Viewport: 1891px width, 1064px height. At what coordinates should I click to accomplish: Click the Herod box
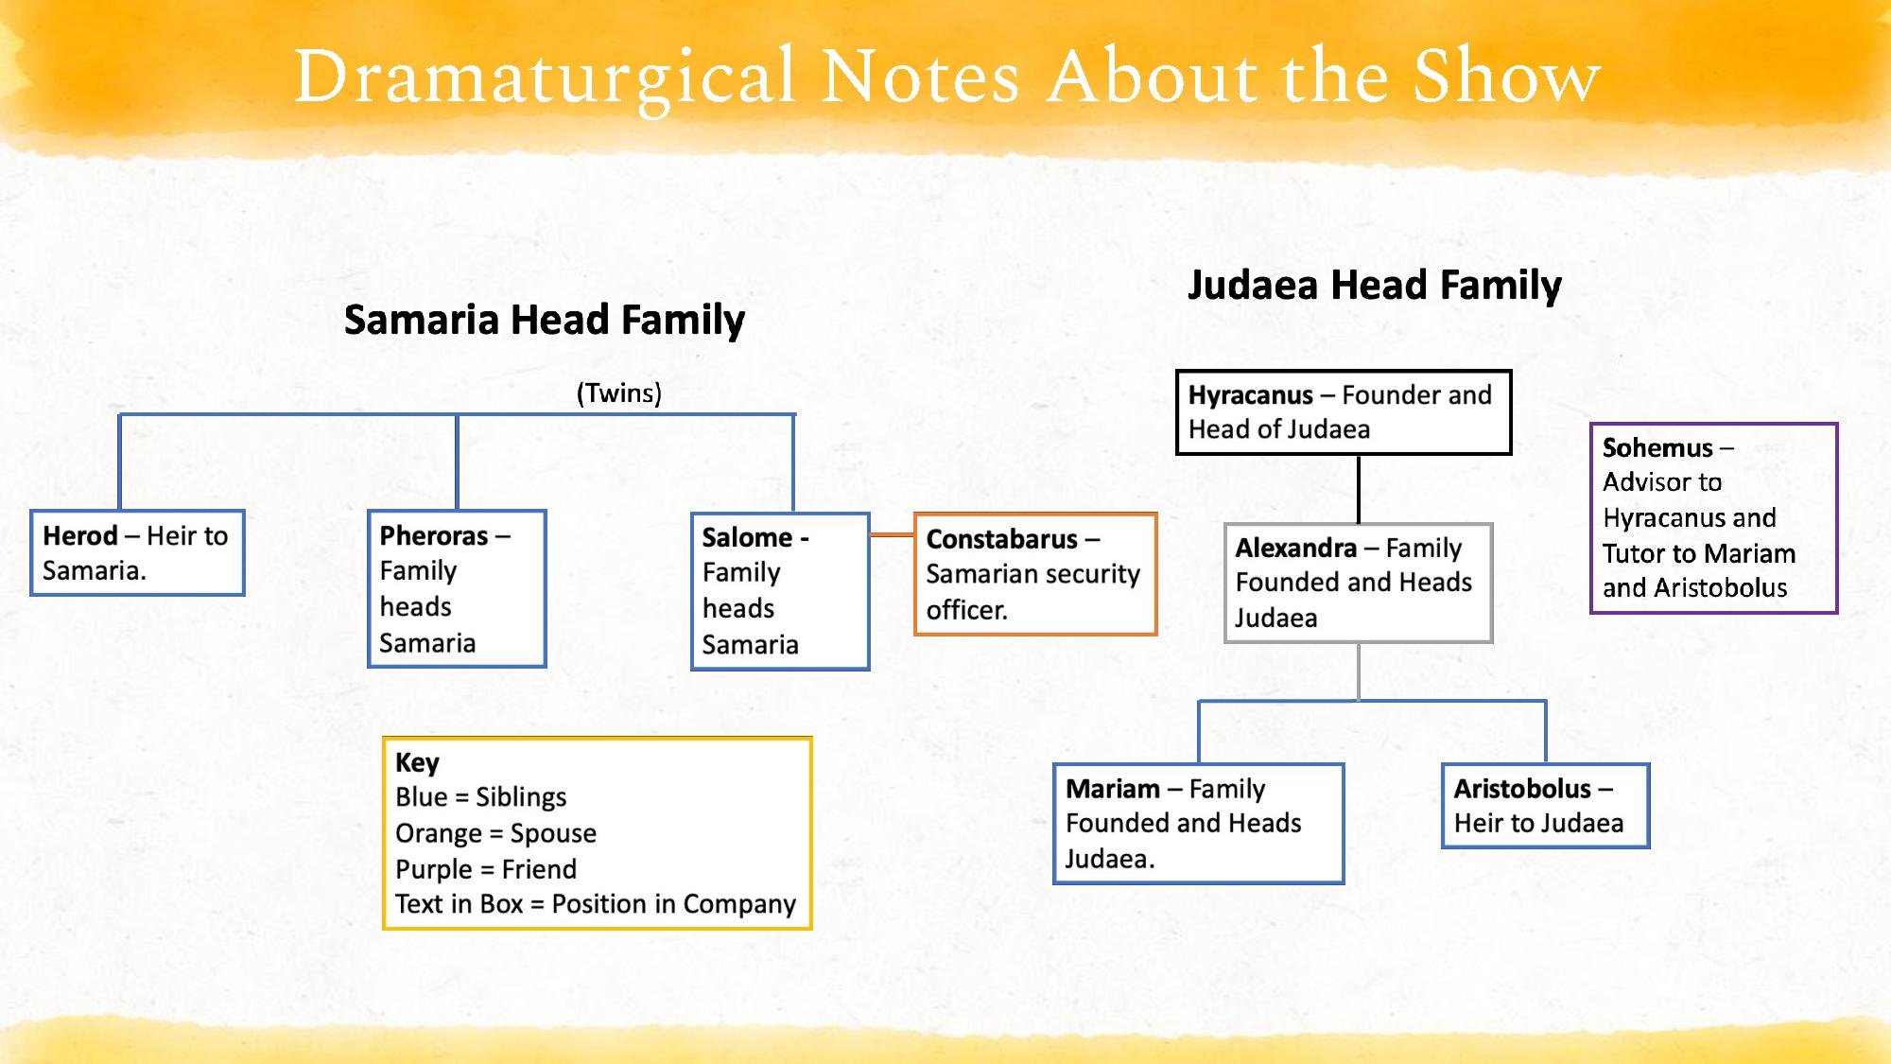[137, 553]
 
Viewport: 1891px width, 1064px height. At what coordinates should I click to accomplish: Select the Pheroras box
[457, 588]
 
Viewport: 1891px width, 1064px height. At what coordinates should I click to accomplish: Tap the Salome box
[780, 591]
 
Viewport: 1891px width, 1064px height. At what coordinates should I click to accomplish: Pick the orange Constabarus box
[1035, 574]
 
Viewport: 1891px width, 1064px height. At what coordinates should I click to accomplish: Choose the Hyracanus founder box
[1343, 412]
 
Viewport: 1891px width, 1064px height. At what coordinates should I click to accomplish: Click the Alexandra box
[1358, 583]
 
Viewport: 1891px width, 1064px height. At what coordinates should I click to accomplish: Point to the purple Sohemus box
[1713, 518]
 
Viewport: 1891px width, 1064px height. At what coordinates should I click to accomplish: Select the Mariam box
[1198, 824]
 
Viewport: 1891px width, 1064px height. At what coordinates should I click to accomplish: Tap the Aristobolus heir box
[1545, 806]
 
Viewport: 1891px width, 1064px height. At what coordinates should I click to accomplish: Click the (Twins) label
[619, 392]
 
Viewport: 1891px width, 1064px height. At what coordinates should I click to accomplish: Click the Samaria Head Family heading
[544, 320]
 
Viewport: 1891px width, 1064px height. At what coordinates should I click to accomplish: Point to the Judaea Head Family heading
[1374, 285]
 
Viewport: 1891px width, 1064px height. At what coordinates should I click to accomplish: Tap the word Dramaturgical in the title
[544, 78]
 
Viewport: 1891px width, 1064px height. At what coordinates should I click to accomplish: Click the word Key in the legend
[417, 762]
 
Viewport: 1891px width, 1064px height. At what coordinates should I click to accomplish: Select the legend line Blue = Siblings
[480, 797]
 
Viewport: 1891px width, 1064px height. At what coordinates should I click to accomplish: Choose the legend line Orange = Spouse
[495, 833]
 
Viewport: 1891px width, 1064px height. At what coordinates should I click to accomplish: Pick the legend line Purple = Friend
[485, 869]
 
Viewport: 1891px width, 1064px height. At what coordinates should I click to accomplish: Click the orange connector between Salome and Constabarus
[892, 534]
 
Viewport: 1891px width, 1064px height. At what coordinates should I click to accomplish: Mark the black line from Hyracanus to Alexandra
[1359, 489]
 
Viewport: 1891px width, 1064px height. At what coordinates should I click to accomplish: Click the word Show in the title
[1505, 78]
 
